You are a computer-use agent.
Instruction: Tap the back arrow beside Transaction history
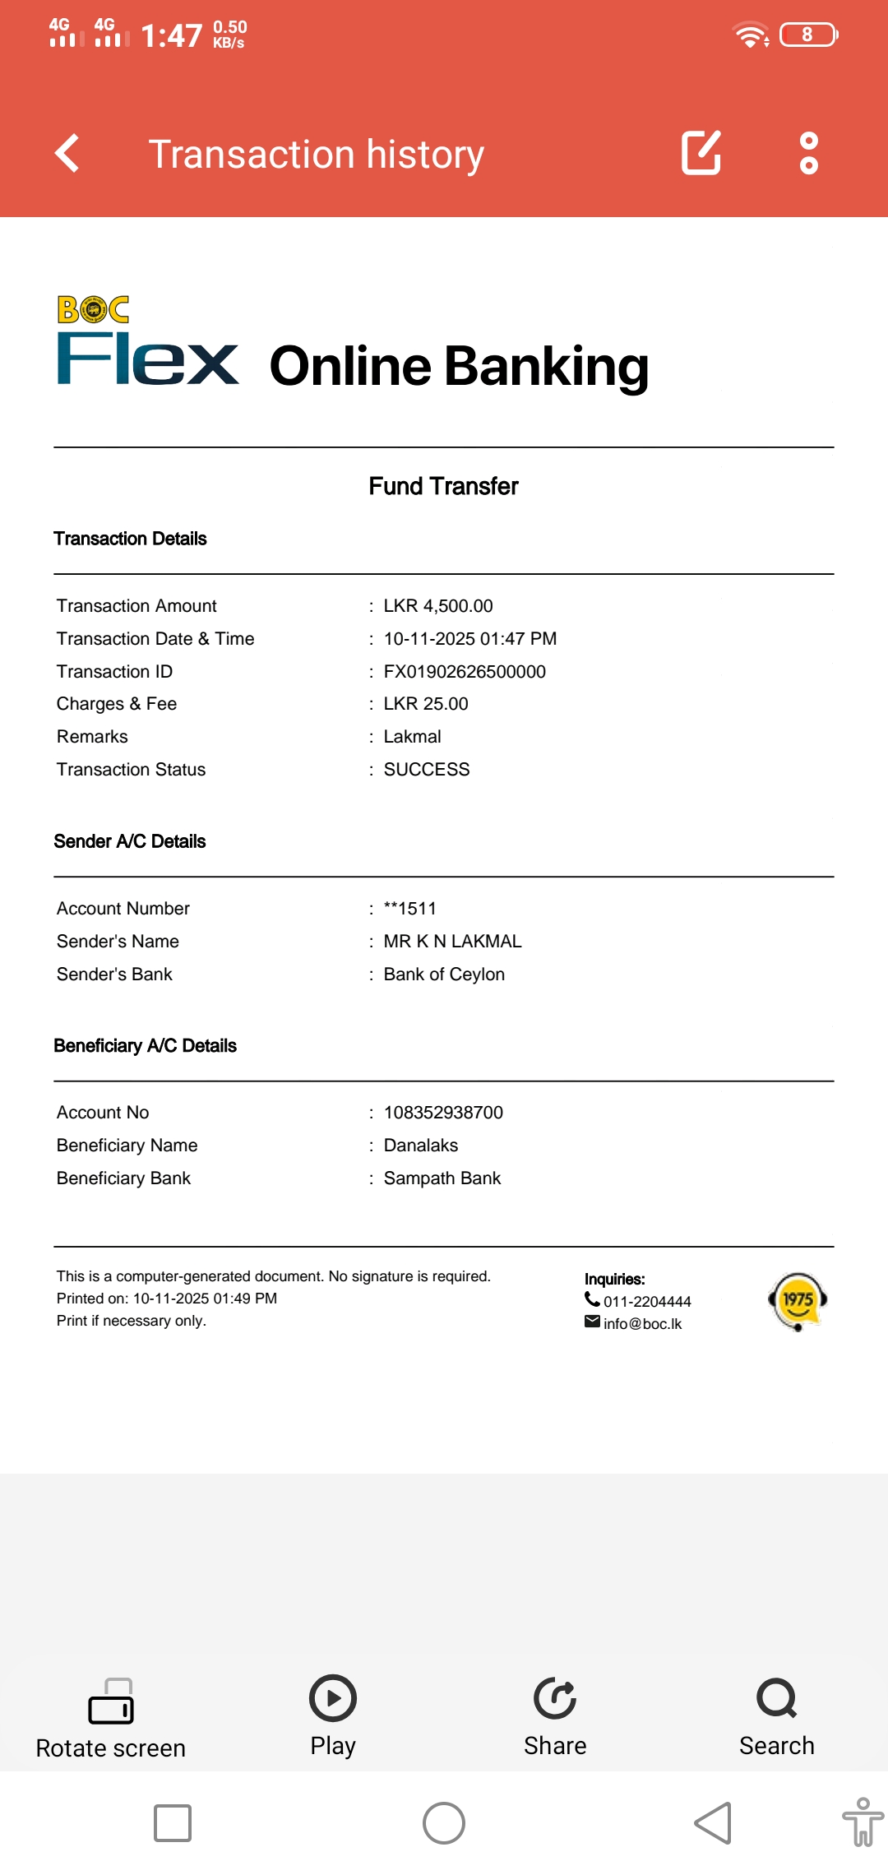tap(67, 153)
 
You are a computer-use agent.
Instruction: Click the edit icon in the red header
tap(701, 153)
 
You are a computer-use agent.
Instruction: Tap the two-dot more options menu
tap(809, 153)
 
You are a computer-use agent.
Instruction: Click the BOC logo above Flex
tap(93, 310)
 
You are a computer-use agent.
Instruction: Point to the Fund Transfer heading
tap(443, 486)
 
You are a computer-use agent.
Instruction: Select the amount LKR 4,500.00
tap(438, 606)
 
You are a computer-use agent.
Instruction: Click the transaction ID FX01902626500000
tap(465, 672)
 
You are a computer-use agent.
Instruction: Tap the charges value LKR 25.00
tap(426, 704)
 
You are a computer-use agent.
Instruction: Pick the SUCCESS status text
tap(427, 770)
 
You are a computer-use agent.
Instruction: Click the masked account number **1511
tap(410, 909)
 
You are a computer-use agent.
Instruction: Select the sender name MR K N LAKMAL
tap(452, 942)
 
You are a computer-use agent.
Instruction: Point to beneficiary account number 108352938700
tap(443, 1113)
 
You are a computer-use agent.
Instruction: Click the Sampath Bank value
tap(442, 1178)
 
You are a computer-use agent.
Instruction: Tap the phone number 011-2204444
tap(647, 1302)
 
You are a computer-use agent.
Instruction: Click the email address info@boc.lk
tap(642, 1324)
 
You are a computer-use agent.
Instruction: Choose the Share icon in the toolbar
tap(555, 1699)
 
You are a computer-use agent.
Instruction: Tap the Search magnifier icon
tap(776, 1699)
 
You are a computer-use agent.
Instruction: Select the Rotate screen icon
tap(111, 1702)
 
